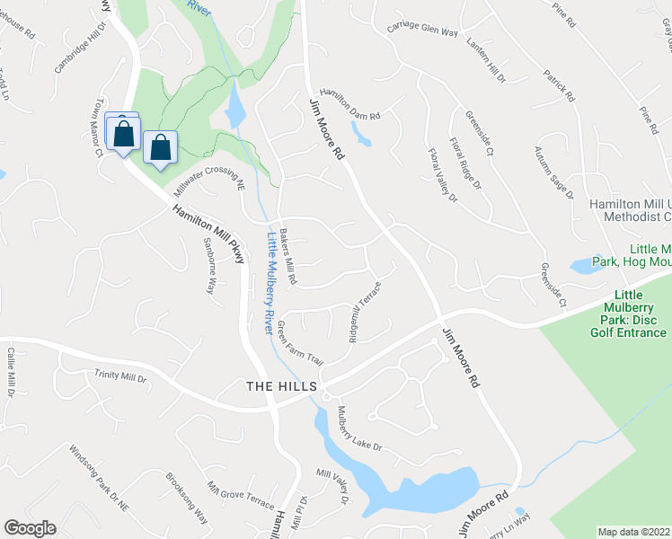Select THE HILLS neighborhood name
click(282, 385)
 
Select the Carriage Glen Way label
click(422, 29)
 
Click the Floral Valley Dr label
click(442, 174)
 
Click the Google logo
click(30, 528)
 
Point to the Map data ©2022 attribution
click(634, 532)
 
